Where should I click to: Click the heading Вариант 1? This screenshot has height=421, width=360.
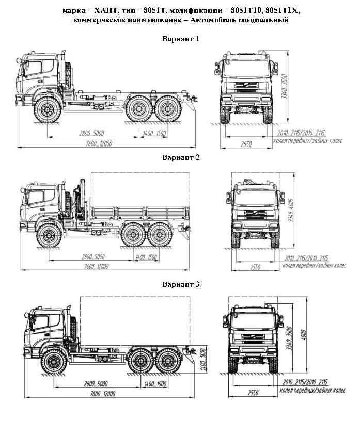tap(180, 39)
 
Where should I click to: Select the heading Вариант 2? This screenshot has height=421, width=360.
tap(181, 157)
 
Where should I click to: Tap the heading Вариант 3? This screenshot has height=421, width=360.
tap(181, 284)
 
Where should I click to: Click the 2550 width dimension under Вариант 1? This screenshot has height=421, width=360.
tap(245, 144)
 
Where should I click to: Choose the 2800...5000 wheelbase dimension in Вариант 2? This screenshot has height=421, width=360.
tap(93, 257)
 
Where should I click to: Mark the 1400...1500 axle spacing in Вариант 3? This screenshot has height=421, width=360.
tap(155, 384)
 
